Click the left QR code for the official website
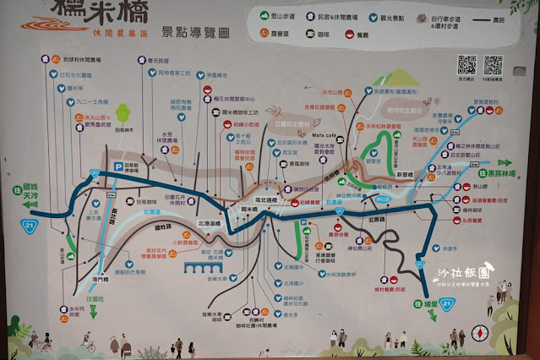click(466, 65)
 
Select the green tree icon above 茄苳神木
click(123, 113)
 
